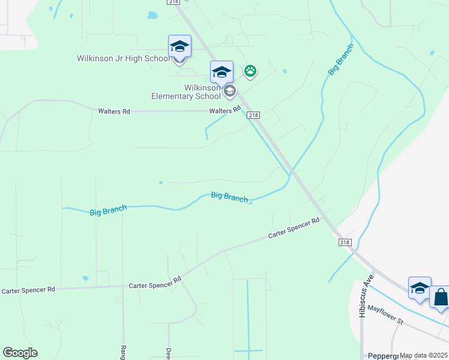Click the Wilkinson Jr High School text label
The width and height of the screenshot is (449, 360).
[122, 59]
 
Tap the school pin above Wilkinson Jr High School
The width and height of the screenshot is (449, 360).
[179, 46]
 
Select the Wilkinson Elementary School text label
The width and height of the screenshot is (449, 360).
[185, 92]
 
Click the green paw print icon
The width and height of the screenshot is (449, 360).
[250, 72]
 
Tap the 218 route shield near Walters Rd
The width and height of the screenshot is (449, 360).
[253, 115]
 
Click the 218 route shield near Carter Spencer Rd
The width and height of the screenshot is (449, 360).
[345, 242]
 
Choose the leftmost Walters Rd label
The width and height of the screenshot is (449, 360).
[114, 112]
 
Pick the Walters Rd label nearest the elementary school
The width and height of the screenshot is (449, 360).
[225, 111]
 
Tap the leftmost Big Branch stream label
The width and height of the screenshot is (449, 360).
[108, 211]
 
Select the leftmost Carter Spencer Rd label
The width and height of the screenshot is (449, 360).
[28, 290]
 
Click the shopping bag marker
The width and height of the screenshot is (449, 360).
[441, 297]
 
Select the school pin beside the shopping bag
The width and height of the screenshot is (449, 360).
[420, 288]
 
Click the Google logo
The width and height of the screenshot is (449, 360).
[20, 353]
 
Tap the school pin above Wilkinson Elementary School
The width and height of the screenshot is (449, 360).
[221, 73]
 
